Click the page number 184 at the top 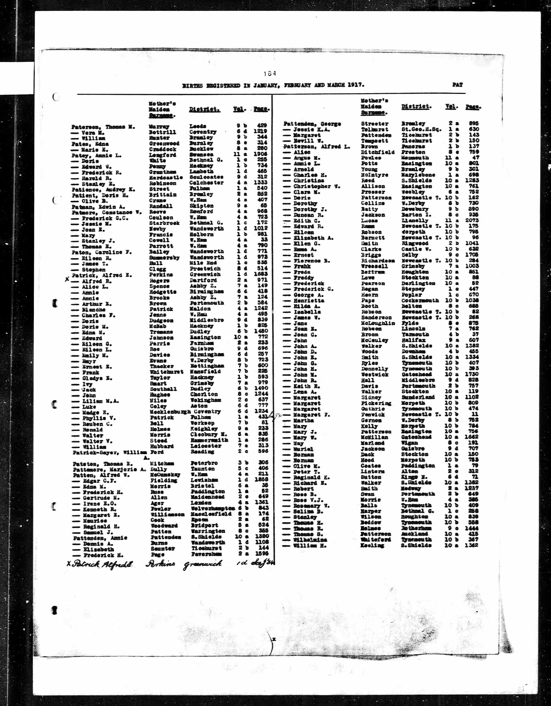point(270,73)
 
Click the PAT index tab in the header point(457,85)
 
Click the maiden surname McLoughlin point(378,323)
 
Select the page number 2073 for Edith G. point(472,220)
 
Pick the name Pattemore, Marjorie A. point(109,469)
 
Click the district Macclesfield point(211,514)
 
